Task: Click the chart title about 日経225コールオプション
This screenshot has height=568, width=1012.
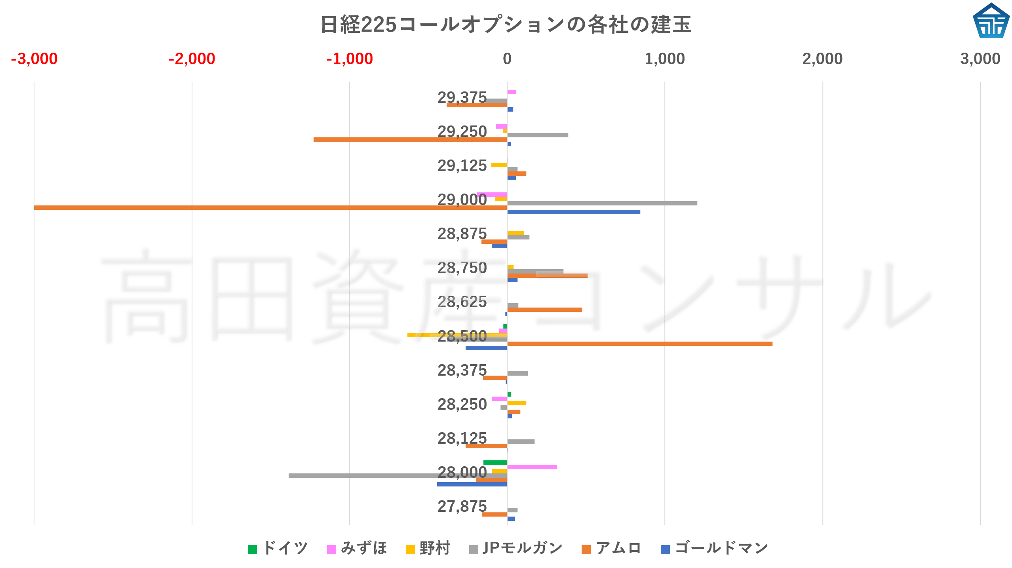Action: point(506,25)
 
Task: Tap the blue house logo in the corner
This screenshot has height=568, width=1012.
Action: point(991,21)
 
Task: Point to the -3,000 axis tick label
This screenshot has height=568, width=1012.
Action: point(34,59)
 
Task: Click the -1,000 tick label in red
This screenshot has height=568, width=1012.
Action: point(349,59)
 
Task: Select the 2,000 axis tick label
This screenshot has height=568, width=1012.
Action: point(822,59)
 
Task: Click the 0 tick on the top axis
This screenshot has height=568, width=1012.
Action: point(507,59)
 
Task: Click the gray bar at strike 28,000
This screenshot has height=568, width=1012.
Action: point(398,475)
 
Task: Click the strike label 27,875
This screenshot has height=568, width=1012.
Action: point(462,507)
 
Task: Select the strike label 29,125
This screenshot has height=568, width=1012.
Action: point(462,166)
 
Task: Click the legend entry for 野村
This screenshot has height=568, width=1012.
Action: point(428,549)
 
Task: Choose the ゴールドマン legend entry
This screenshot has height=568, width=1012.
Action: point(715,549)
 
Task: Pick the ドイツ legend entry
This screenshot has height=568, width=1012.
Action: point(278,549)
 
